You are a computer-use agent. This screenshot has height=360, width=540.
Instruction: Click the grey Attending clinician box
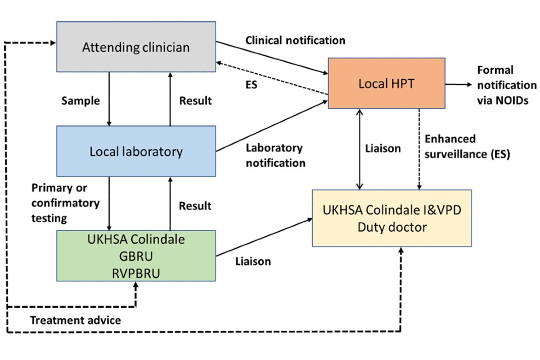pos(136,47)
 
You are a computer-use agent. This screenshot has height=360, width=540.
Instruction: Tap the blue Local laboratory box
pos(136,151)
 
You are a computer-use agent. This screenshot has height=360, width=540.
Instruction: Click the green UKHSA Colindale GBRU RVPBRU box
pos(136,255)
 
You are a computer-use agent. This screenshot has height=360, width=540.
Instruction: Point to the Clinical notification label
pos(295,40)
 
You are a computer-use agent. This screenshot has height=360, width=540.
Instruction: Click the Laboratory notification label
pos(275,155)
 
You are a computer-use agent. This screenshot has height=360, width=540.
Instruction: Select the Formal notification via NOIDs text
pos(506,85)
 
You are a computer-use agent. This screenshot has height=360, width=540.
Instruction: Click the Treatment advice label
pos(75,320)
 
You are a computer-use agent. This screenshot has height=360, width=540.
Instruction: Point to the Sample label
pos(80,101)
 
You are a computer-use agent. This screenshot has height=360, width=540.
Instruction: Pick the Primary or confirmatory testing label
pos(65,202)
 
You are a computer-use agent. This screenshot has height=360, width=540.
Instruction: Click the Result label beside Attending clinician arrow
pos(195,101)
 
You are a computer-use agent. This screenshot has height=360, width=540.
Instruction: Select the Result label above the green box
pos(195,206)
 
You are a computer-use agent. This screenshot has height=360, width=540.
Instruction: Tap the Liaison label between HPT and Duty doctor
pos(383,148)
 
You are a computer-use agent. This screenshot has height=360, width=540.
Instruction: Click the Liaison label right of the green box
pos(253,261)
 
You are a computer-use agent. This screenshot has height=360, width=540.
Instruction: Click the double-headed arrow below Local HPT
pos(361,148)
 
